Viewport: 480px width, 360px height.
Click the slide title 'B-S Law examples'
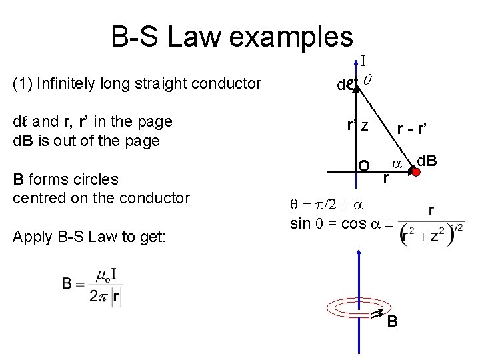coord(232,37)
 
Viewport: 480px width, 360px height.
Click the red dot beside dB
coord(415,172)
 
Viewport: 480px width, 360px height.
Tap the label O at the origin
coord(364,166)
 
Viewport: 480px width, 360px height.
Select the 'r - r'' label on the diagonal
coord(412,130)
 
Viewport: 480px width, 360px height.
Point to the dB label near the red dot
coord(427,160)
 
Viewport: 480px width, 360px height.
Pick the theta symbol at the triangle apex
coord(368,79)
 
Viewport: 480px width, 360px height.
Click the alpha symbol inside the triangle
coord(395,163)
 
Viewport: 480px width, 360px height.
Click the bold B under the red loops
coord(393,322)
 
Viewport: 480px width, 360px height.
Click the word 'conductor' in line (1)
coord(227,83)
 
